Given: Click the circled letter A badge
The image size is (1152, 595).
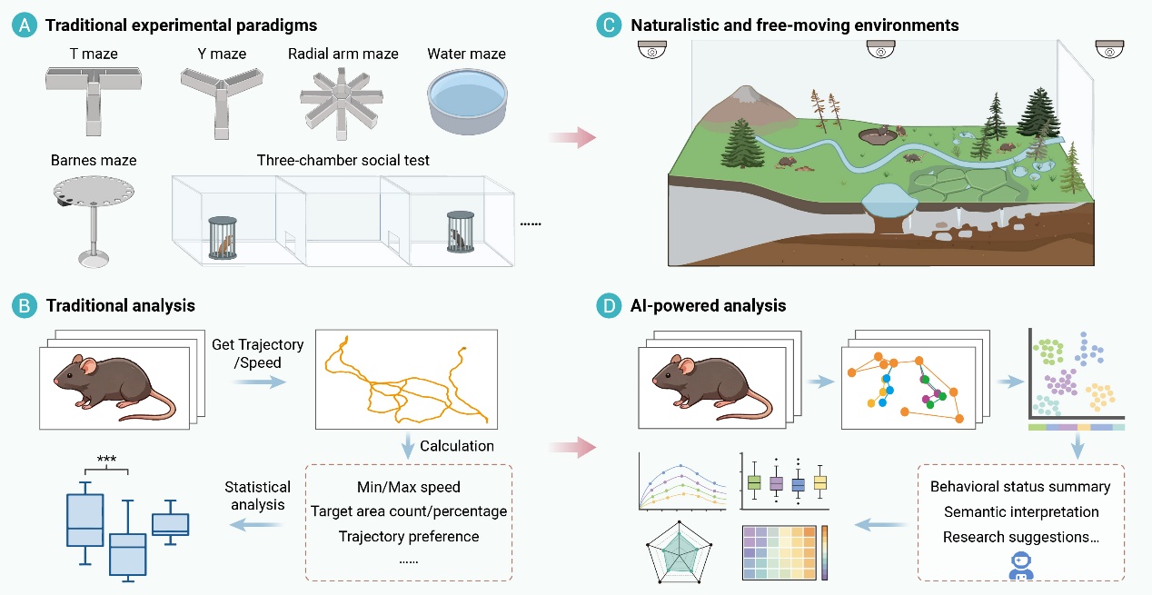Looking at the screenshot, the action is [x=25, y=25].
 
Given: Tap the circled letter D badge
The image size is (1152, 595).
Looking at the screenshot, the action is [x=609, y=305].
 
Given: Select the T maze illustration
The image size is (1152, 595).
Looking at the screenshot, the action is [x=94, y=101].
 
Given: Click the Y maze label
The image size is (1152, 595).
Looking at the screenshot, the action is [x=222, y=54].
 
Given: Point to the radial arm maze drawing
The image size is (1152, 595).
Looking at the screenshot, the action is [x=342, y=105].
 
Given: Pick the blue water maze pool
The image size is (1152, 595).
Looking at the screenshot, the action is [x=468, y=102].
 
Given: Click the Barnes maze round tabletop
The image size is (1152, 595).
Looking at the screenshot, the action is [x=94, y=191].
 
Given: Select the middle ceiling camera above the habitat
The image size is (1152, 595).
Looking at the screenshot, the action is [x=881, y=50].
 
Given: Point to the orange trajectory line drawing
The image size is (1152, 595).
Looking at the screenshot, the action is [x=406, y=381].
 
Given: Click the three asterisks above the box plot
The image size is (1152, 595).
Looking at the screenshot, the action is [x=106, y=459].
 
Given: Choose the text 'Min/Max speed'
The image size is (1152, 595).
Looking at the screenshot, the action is [x=409, y=487].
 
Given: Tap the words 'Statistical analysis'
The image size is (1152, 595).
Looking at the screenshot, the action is [x=258, y=496].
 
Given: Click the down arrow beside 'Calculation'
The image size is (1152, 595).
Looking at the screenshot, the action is [x=408, y=445].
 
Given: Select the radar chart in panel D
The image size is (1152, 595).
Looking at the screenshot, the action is [x=679, y=552].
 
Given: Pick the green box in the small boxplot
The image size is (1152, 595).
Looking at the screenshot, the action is [x=754, y=482].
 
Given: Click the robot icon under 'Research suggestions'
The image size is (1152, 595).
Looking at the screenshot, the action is [x=1021, y=566].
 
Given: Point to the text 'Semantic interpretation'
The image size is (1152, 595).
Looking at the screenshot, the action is [x=1021, y=511].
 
